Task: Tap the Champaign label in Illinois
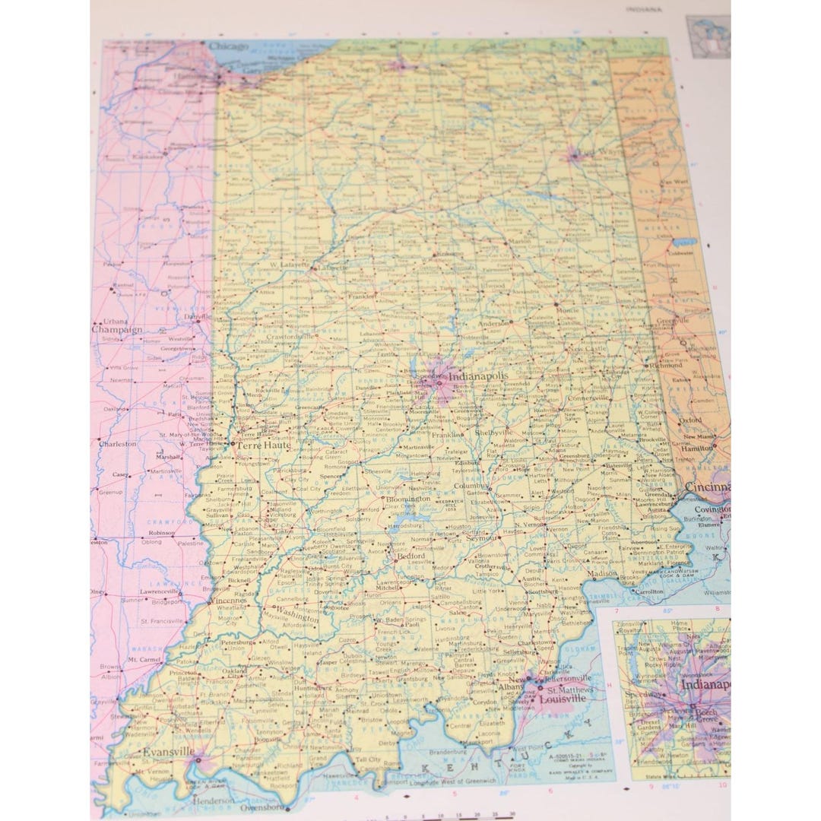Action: click(x=117, y=330)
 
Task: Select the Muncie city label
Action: click(x=568, y=311)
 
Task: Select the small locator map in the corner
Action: click(x=706, y=36)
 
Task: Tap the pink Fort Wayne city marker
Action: click(x=575, y=156)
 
